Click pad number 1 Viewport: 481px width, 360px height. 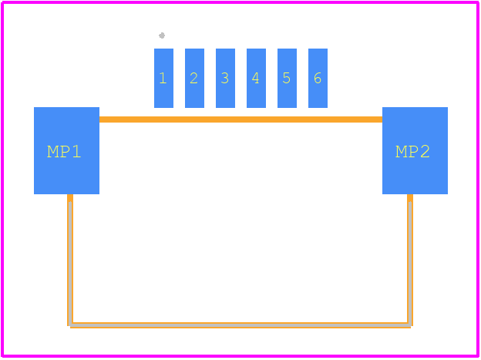pyautogui.click(x=163, y=78)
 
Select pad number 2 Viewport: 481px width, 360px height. pyautogui.click(x=194, y=78)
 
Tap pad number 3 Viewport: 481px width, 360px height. pyautogui.click(x=225, y=78)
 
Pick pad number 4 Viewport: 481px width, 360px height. pyautogui.click(x=256, y=78)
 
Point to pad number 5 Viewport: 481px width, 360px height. pyautogui.click(x=287, y=78)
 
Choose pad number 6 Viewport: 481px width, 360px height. pyautogui.click(x=318, y=78)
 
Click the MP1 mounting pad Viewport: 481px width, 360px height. pyautogui.click(x=66, y=150)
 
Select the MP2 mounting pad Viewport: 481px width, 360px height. pyautogui.click(x=415, y=150)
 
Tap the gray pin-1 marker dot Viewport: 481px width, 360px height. pyautogui.click(x=162, y=35)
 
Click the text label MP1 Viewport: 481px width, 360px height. pyautogui.click(x=64, y=152)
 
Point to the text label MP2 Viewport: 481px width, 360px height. pyautogui.click(x=412, y=152)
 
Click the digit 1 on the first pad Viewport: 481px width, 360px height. pyautogui.click(x=163, y=78)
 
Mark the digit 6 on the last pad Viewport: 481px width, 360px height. pyautogui.click(x=318, y=78)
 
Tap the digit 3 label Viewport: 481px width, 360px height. pyautogui.click(x=225, y=78)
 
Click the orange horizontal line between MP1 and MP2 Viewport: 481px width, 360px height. pyautogui.click(x=240, y=119)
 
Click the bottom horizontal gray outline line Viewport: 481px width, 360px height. pyautogui.click(x=240, y=325)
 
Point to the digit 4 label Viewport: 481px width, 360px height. pyautogui.click(x=256, y=78)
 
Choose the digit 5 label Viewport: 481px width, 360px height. pyautogui.click(x=287, y=78)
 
